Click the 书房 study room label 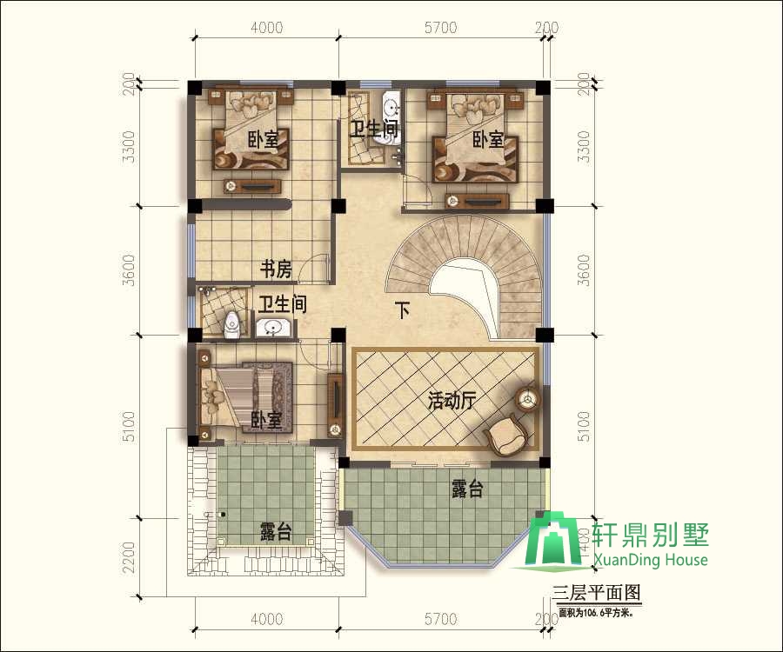coord(276,270)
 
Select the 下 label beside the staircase coord(402,310)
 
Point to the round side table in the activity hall coord(527,400)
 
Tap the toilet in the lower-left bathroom coord(231,326)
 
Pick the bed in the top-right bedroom coord(475,135)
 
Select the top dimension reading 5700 coord(440,28)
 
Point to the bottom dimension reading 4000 coord(266,620)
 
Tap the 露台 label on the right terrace coord(467,490)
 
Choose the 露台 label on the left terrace coord(276,532)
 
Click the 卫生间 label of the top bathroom coord(374,130)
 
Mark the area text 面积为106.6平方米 coord(596,612)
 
